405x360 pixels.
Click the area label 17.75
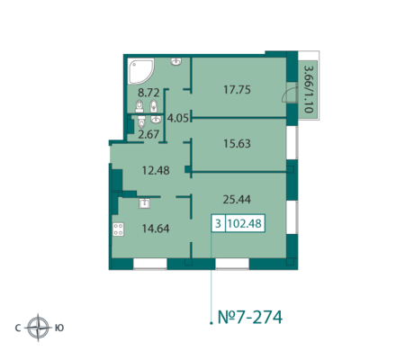237,90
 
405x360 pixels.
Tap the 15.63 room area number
237,144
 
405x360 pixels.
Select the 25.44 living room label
237,199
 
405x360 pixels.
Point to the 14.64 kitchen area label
156,229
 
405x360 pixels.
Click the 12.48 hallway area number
156,171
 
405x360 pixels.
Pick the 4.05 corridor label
178,118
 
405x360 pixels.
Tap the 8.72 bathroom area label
148,93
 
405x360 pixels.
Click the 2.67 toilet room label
148,134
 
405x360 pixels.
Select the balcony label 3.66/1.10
308,89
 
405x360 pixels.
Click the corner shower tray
139,71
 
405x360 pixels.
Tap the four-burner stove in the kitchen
118,229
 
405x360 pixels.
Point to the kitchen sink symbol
144,203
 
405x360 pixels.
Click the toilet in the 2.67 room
141,121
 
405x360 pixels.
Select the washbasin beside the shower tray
176,61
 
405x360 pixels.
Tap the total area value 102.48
245,223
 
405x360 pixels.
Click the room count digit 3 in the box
218,223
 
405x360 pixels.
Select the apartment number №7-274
250,318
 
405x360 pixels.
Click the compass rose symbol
38,328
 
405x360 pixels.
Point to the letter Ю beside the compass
59,328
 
